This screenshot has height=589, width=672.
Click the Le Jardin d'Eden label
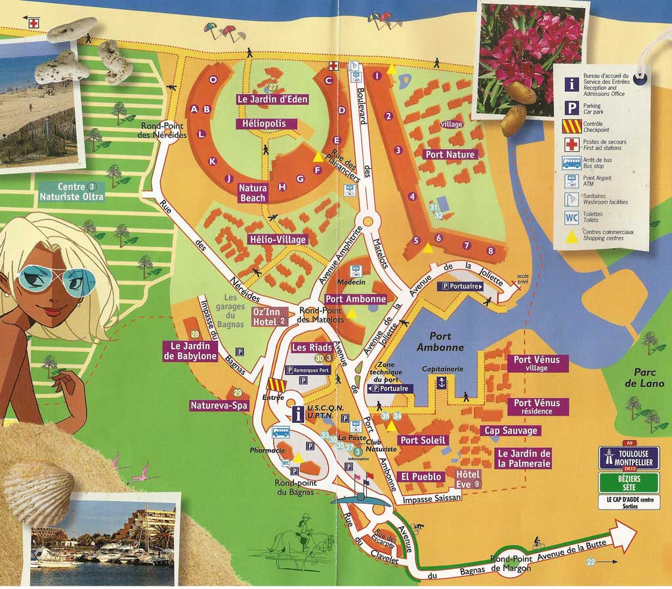click(272, 100)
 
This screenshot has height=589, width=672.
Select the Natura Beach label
click(253, 193)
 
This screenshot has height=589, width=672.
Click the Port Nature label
click(450, 155)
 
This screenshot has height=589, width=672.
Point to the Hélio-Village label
click(278, 240)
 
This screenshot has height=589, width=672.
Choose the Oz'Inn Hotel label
click(270, 316)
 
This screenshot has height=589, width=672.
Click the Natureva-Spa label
click(219, 406)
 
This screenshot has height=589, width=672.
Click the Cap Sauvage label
click(511, 431)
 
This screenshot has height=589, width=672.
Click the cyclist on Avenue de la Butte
click(539, 544)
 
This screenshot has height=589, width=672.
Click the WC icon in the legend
click(571, 217)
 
